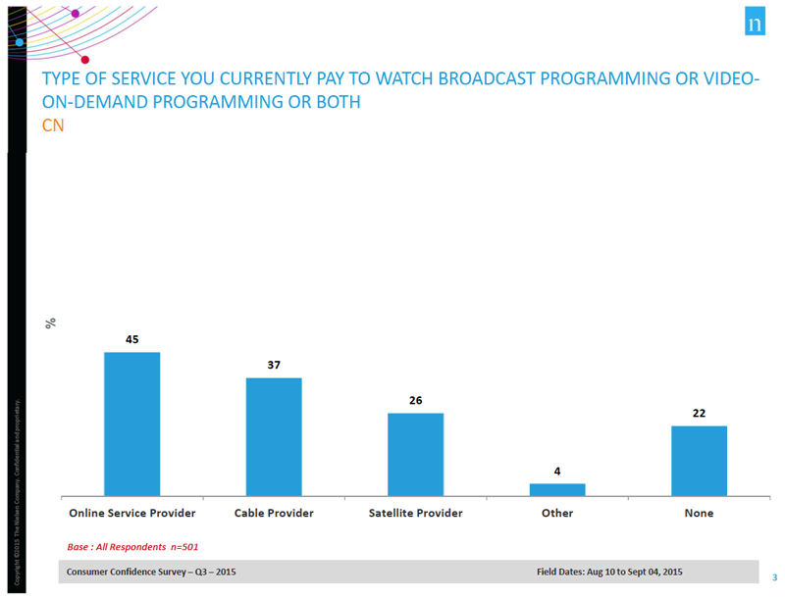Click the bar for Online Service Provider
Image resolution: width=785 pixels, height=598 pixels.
(131, 424)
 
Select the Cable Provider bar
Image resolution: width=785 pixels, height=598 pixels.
(274, 437)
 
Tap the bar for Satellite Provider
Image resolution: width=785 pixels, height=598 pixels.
(415, 454)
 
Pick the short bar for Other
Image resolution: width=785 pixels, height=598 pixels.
(557, 489)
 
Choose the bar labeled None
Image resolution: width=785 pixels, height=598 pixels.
(699, 461)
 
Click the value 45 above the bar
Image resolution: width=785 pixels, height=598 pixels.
(131, 339)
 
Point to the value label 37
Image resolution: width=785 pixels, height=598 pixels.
(274, 365)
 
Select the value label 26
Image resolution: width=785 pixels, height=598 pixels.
(415, 400)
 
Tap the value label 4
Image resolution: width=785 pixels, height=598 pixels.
(557, 471)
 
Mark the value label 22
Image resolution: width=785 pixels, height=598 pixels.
(699, 413)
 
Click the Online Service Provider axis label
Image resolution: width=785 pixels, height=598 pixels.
(131, 513)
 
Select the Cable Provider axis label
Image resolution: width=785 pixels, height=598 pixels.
(274, 513)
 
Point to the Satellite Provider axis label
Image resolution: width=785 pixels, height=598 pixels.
(415, 513)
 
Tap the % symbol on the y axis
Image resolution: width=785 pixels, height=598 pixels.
(51, 323)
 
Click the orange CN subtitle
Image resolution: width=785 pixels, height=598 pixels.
(52, 125)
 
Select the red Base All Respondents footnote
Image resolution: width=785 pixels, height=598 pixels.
(132, 547)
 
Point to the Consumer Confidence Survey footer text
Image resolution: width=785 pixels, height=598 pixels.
(151, 572)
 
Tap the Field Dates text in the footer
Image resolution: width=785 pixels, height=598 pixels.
(609, 572)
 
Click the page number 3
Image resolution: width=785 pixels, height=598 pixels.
(774, 576)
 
